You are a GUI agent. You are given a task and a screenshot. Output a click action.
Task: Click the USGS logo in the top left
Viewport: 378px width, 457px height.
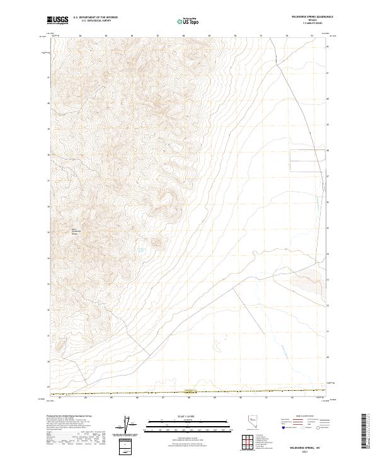[58, 21]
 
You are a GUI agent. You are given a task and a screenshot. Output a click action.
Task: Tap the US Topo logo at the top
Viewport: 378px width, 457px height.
[189, 21]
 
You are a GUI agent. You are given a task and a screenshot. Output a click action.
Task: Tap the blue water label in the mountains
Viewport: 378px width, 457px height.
[142, 251]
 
